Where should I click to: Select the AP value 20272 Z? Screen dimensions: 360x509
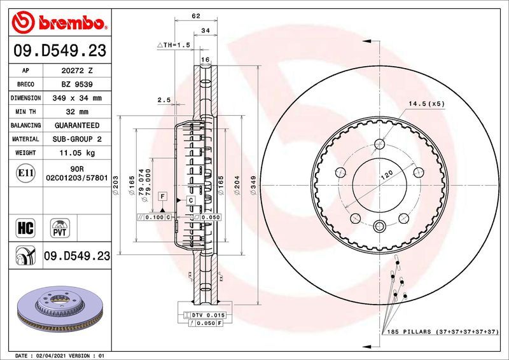click(76, 71)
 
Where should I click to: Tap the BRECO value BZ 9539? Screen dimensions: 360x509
click(76, 85)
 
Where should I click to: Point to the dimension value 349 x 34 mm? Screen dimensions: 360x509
click(76, 99)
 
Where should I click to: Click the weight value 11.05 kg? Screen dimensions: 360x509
click(76, 153)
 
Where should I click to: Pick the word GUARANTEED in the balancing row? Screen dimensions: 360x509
click(76, 126)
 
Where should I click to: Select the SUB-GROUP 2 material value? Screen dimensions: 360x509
click(76, 139)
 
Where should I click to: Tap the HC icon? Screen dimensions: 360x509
click(26, 226)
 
